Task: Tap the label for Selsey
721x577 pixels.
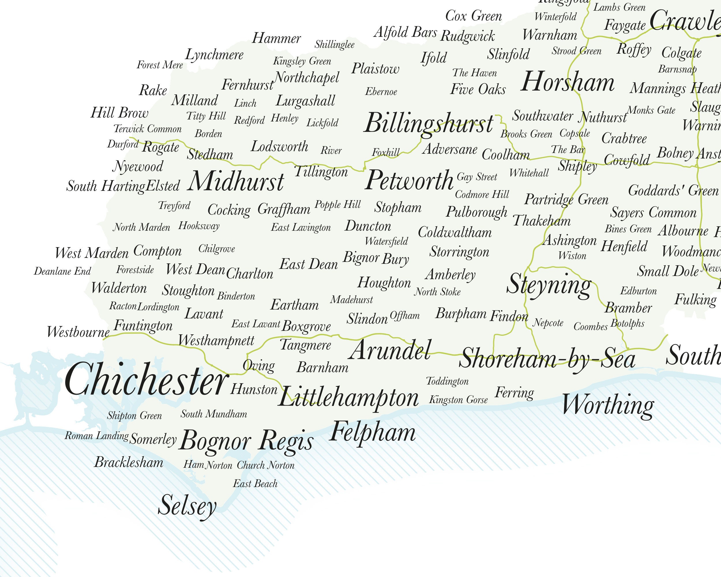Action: point(187,505)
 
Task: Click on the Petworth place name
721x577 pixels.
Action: point(409,180)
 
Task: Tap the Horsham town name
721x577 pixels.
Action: point(568,82)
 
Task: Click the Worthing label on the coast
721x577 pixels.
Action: point(608,405)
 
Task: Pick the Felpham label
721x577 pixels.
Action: point(372,432)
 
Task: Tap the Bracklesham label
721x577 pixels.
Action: point(129,462)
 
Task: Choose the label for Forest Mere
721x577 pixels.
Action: point(160,65)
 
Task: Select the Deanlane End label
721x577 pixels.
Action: point(63,271)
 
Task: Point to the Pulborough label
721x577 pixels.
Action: point(476,212)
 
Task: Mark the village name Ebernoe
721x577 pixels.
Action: point(381,92)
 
